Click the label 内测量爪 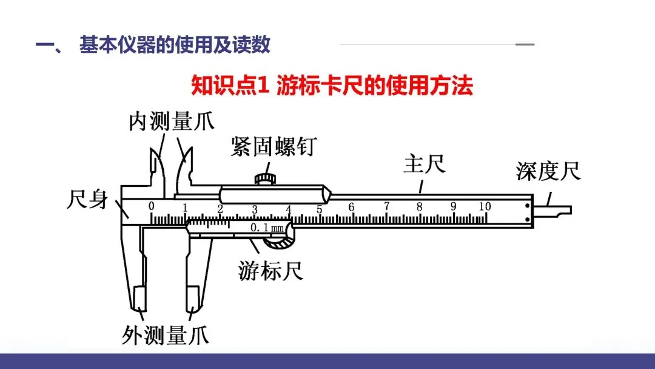(171, 121)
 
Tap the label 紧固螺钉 (273, 146)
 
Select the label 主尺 (424, 164)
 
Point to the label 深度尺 (548, 171)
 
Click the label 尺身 (87, 200)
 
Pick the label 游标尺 (270, 271)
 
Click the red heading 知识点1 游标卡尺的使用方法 (332, 86)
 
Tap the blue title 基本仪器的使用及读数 (175, 46)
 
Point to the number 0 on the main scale (152, 206)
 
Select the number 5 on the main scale (319, 209)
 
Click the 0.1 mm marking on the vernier (267, 228)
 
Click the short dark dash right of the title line (525, 45)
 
